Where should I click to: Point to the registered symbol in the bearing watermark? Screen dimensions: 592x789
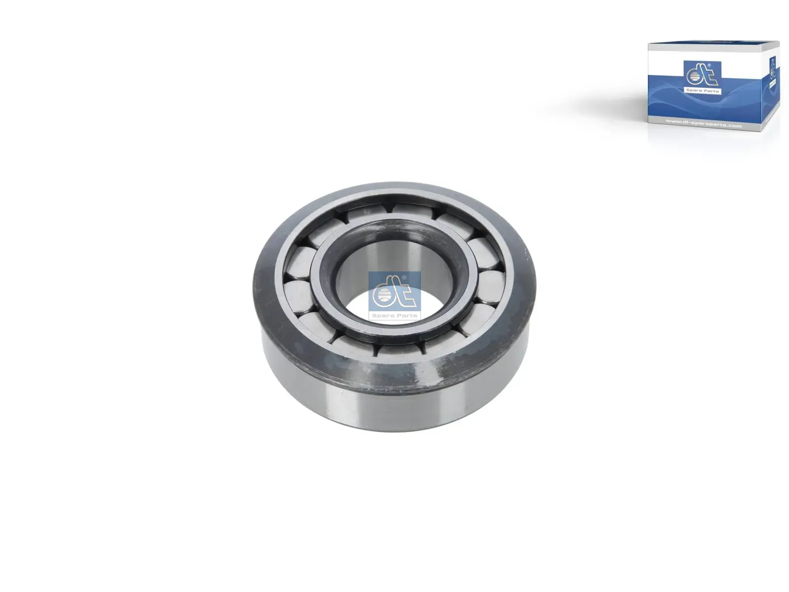pyautogui.click(x=404, y=278)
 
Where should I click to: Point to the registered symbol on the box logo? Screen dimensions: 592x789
pyautogui.click(x=708, y=66)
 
